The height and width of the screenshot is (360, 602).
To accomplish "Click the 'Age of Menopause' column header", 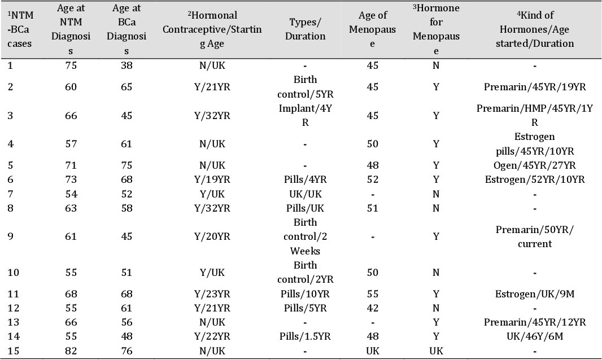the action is click(x=372, y=29).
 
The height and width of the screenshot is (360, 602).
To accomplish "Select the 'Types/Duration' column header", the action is click(x=305, y=29).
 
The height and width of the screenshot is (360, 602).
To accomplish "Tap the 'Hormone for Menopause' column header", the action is click(x=436, y=29).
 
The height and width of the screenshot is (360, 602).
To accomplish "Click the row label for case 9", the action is click(x=10, y=236).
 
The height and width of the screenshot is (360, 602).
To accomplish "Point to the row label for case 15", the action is click(x=13, y=351).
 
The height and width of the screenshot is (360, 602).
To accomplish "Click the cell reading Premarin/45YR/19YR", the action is click(x=534, y=87).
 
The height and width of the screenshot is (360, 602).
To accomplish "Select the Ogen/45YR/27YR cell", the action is click(x=534, y=165).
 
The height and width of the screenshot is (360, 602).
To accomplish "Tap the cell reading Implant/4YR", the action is click(x=305, y=116).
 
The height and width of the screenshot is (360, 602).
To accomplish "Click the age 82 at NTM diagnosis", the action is click(x=71, y=351).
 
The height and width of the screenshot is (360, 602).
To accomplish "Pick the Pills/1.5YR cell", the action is click(x=305, y=336).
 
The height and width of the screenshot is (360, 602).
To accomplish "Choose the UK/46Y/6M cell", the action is click(x=534, y=336).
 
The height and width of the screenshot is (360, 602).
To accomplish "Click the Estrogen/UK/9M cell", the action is click(x=534, y=294).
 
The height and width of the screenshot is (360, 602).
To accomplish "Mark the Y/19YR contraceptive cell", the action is click(x=212, y=179).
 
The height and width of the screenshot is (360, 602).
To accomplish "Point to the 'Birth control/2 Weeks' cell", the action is click(x=305, y=236).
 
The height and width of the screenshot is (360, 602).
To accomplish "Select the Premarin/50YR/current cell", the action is click(x=534, y=236).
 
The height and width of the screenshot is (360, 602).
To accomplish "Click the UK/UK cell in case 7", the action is click(x=305, y=194).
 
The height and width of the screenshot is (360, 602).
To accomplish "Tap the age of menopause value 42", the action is click(x=372, y=308).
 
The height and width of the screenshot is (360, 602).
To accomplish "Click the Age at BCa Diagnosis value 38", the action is click(x=126, y=65).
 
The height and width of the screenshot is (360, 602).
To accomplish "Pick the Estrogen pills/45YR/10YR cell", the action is click(x=534, y=144).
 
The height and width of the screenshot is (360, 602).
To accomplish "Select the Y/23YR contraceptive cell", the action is click(x=212, y=294).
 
